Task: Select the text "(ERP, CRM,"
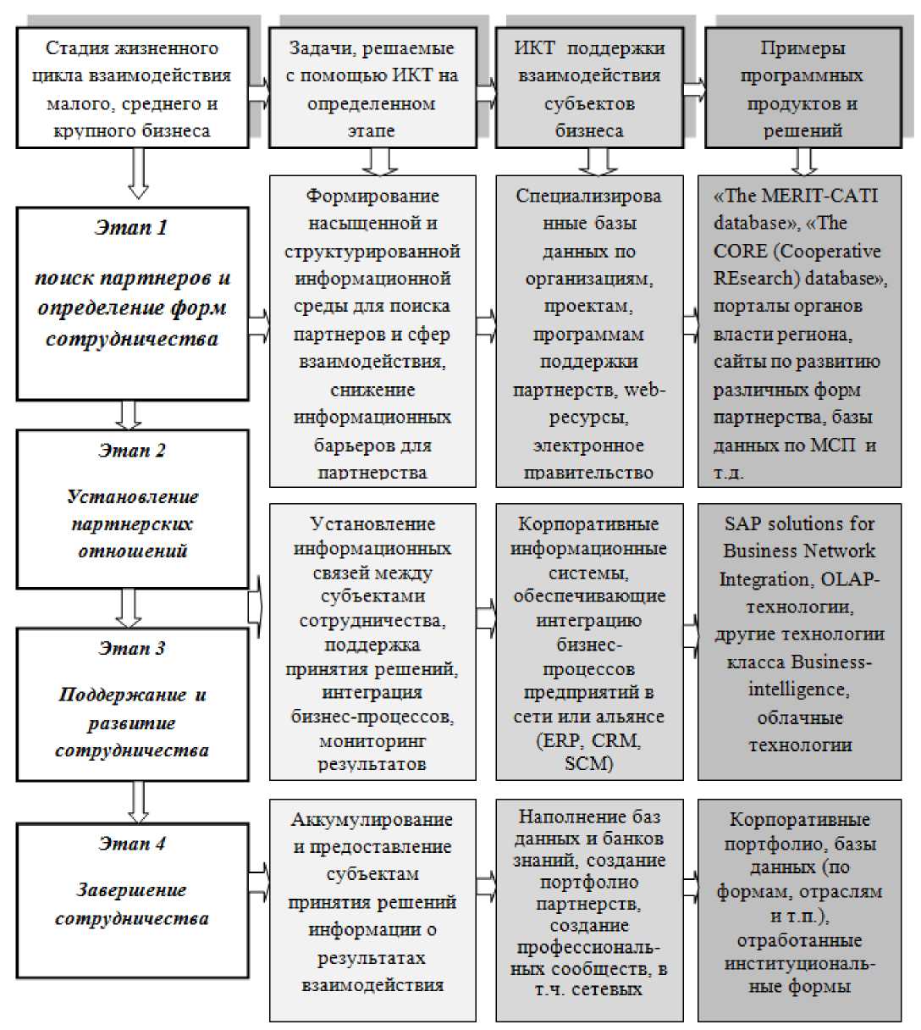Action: pos(589,740)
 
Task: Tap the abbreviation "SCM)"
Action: pos(587,763)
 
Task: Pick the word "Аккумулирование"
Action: pos(372,820)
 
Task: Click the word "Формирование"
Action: pos(372,196)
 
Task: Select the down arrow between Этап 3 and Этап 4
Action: pos(138,800)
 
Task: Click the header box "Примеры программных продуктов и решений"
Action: pos(802,89)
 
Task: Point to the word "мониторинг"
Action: pos(372,740)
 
